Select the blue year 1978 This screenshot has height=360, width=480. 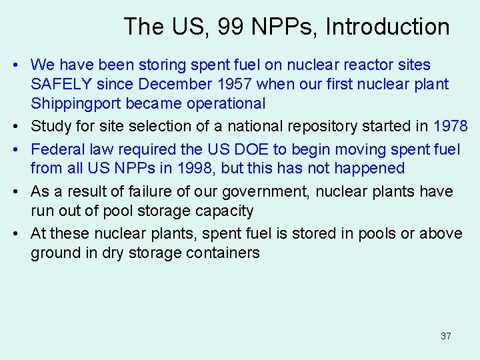(450, 127)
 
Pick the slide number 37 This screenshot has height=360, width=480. (446, 336)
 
